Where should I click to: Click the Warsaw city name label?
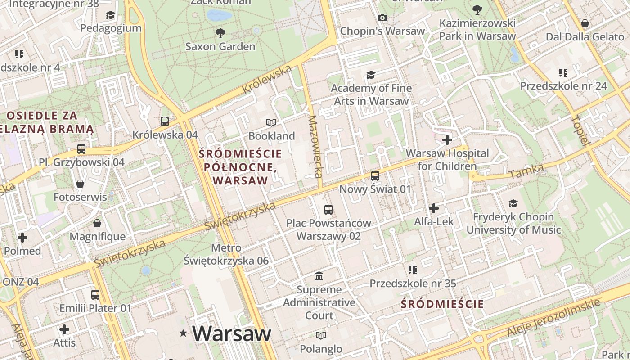pos(232,333)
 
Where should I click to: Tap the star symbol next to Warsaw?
pos(183,333)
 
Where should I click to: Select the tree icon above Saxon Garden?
pos(220,33)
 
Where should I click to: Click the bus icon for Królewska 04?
pos(165,121)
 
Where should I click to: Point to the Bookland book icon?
pos(271,122)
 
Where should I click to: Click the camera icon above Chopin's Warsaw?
pos(382,18)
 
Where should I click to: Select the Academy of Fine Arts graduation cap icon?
pos(371,75)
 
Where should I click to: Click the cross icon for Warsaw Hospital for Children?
pos(447,140)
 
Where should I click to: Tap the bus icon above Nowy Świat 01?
pos(375,175)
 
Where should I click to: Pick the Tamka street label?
pos(526,171)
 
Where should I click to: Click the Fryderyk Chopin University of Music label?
pos(513,223)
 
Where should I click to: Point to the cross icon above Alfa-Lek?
pos(434,208)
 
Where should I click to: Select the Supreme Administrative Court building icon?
pos(319,276)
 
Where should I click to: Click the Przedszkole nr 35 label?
pos(413,283)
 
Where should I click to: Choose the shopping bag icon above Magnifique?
pos(97,223)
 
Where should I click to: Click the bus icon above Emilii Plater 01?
pos(95,295)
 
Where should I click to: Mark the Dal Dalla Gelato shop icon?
pos(585,23)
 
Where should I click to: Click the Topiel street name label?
pos(580,130)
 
